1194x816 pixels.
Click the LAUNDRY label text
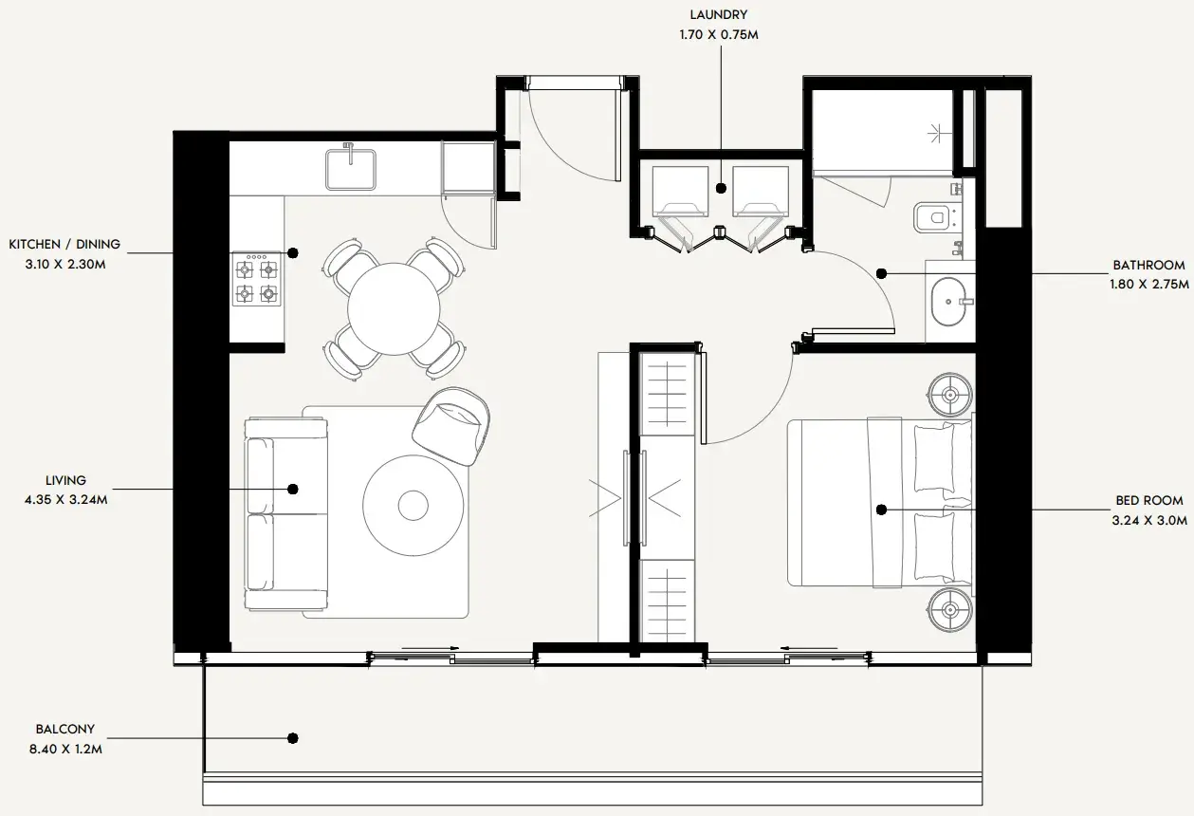point(719,14)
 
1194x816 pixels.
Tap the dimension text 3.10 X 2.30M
point(65,264)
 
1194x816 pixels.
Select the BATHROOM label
point(1148,265)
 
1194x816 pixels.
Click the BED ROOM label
point(1149,500)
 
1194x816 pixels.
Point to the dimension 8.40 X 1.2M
point(65,749)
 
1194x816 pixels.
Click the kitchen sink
point(351,169)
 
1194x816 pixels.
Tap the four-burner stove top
point(256,279)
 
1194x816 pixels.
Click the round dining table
point(394,308)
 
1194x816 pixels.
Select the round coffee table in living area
point(413,505)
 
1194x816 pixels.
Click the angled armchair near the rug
point(451,426)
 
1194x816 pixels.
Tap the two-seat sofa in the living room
point(285,514)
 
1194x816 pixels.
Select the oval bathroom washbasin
point(948,302)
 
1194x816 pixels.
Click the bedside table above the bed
point(950,395)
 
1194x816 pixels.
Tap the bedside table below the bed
point(950,609)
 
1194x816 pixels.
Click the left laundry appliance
point(680,192)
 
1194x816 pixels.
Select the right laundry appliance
point(761,192)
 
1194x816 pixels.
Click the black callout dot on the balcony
point(293,738)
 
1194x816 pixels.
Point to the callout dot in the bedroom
point(882,510)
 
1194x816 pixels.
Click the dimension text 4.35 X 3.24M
point(66,500)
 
